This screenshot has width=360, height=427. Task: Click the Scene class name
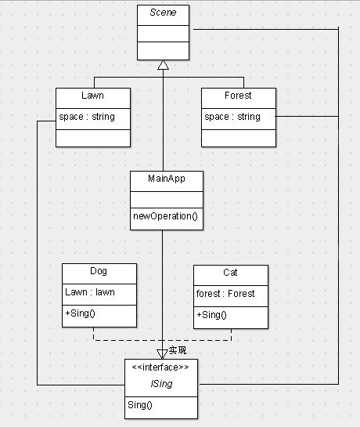click(163, 13)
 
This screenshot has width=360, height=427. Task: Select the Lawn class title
click(92, 96)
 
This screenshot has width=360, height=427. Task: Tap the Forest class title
click(238, 96)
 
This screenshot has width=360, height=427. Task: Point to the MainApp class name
click(167, 179)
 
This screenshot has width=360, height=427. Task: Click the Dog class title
click(99, 271)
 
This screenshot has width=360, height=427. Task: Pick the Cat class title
click(230, 273)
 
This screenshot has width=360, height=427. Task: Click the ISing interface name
click(161, 384)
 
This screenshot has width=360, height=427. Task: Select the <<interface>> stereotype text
click(160, 367)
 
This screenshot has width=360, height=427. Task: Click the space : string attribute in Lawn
click(87, 117)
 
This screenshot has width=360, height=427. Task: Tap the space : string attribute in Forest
click(232, 117)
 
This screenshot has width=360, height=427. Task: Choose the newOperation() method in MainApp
click(165, 216)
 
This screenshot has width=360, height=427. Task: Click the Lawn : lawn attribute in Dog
click(90, 292)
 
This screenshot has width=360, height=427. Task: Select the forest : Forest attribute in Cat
click(225, 294)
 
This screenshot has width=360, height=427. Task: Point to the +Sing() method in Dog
click(81, 313)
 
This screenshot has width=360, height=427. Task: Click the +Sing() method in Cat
click(212, 315)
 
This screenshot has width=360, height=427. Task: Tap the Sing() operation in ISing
click(140, 405)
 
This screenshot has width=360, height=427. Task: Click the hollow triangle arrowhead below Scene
click(164, 65)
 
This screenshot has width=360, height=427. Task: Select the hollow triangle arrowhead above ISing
click(162, 354)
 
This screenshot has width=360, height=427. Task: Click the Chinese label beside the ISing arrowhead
click(178, 350)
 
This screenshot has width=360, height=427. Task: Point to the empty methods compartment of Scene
click(164, 51)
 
